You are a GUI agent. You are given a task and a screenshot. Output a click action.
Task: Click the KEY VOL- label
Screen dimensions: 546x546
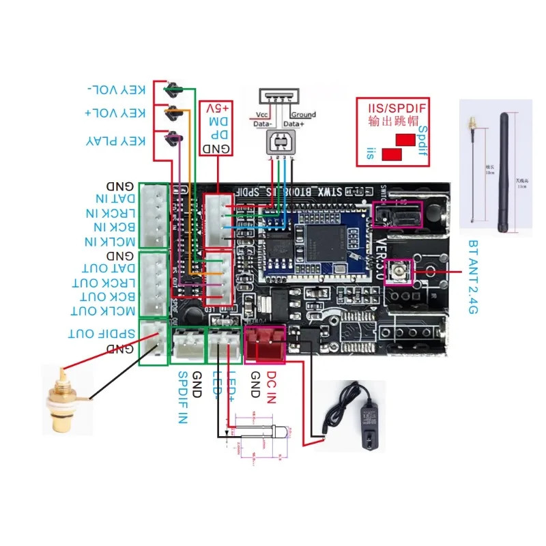[x=117, y=90]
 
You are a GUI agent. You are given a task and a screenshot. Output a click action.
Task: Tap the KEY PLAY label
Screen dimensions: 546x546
[x=116, y=141]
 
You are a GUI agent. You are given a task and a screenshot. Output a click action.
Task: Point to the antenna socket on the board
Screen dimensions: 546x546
[x=397, y=272]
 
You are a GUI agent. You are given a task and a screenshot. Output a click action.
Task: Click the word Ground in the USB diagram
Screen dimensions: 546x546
[x=302, y=115]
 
